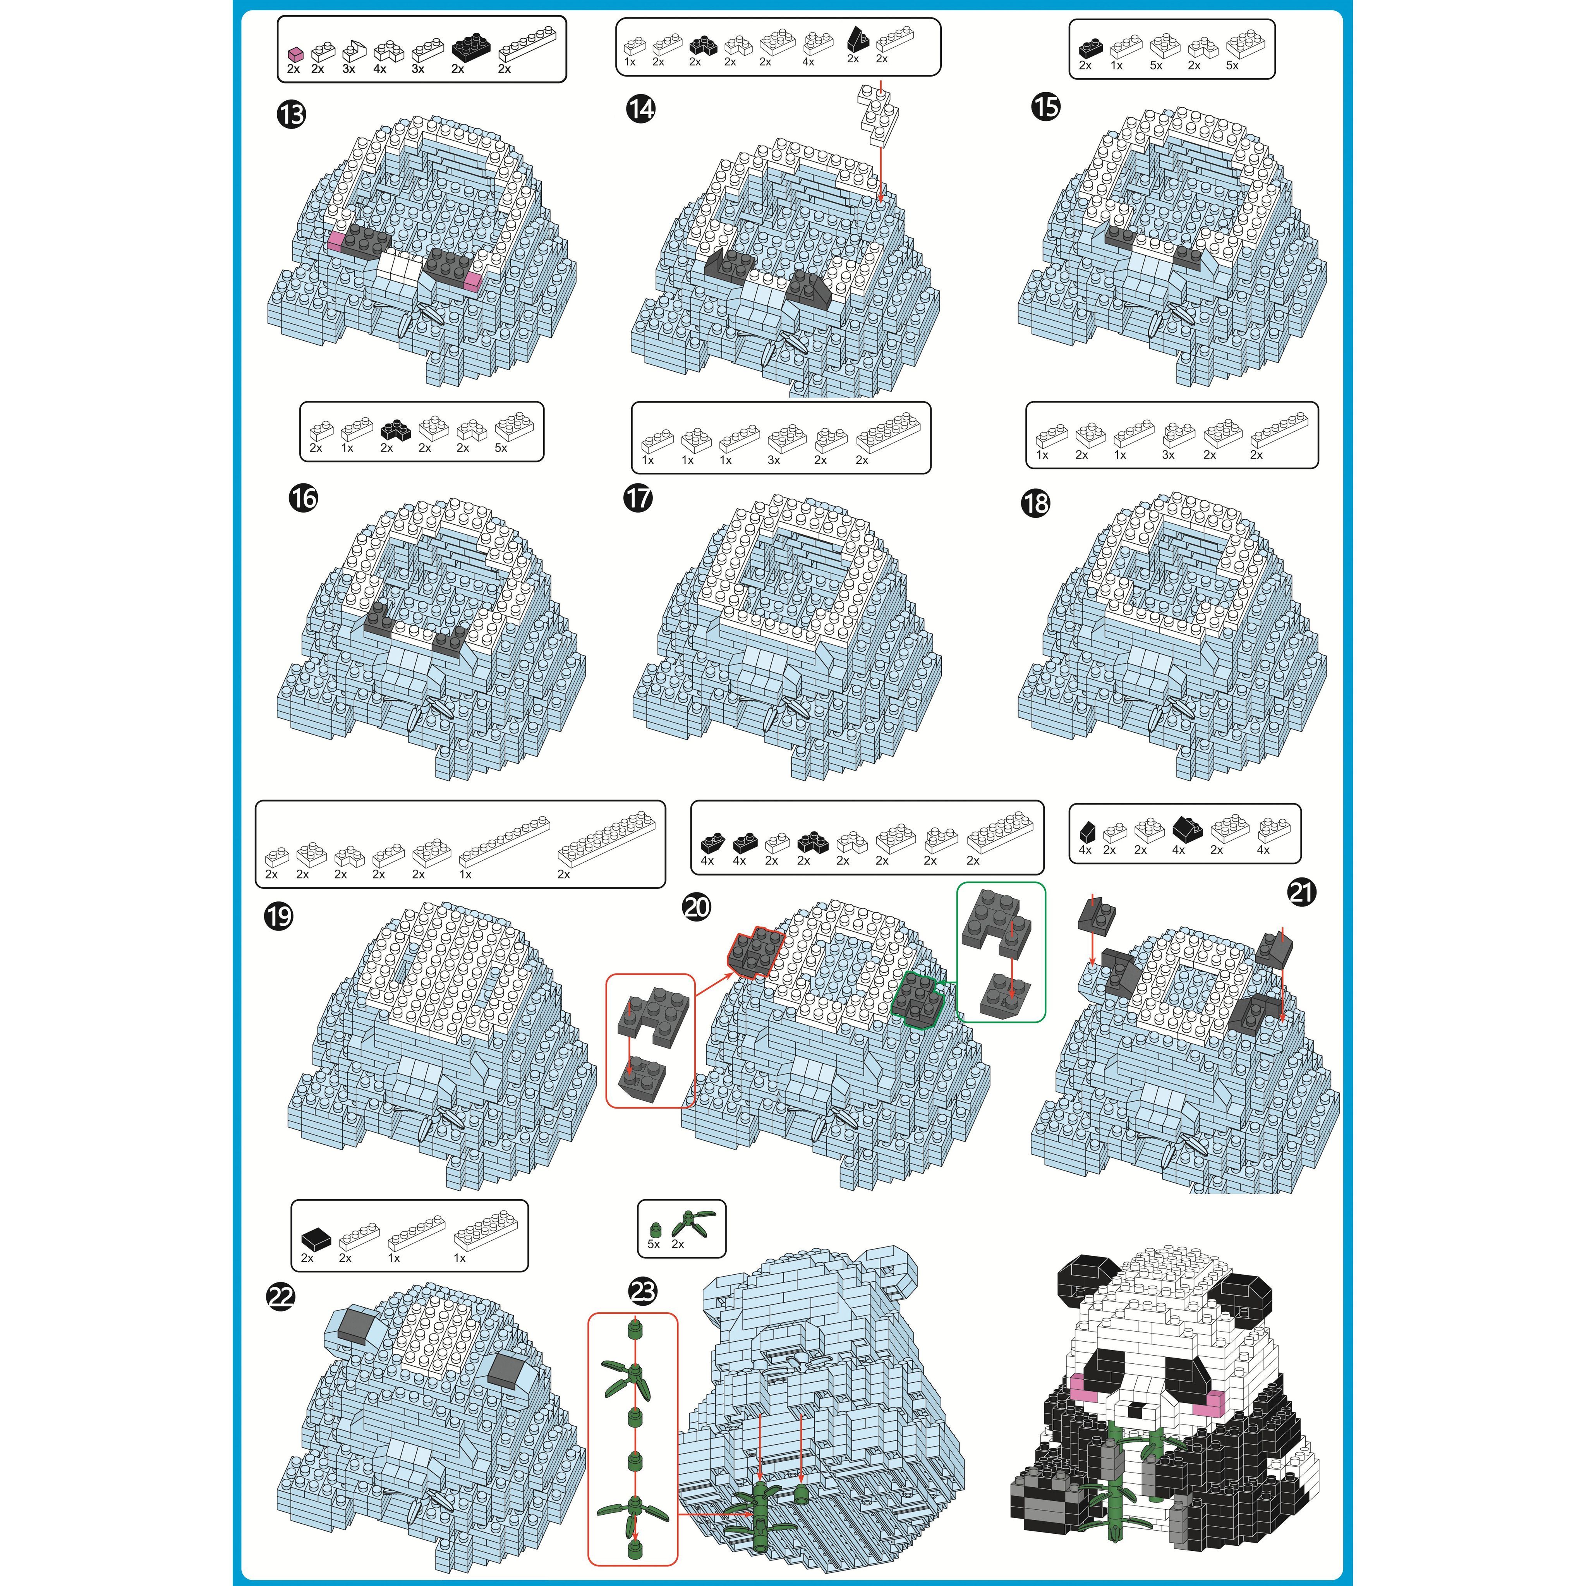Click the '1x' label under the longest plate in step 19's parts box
[x=465, y=874]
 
